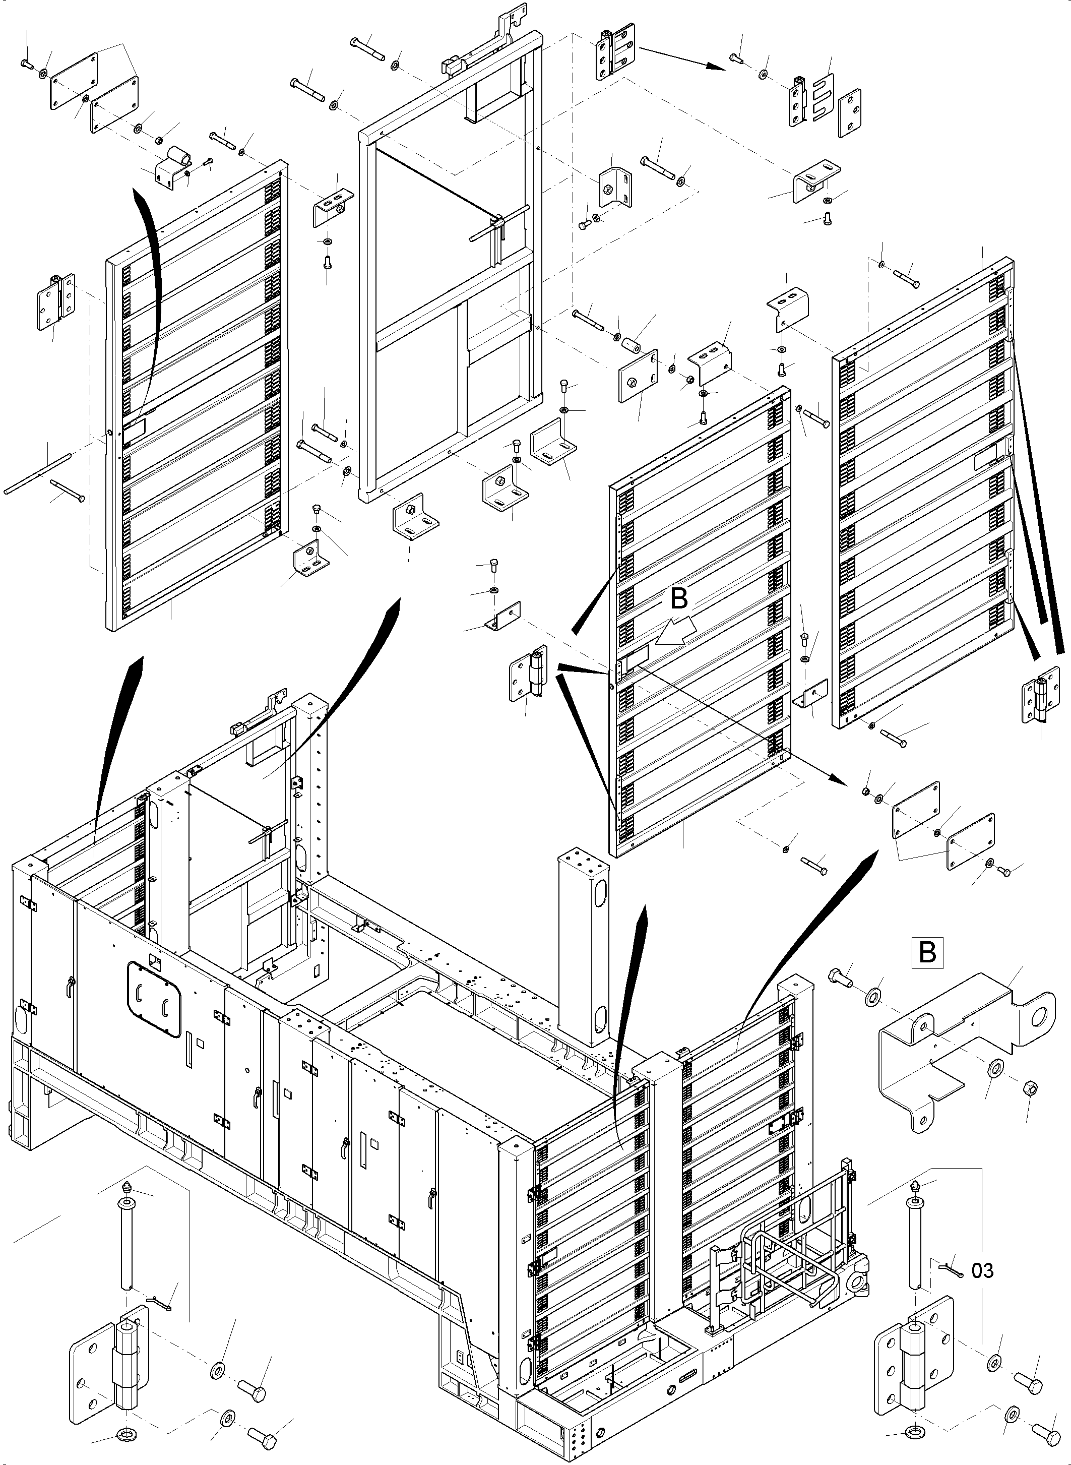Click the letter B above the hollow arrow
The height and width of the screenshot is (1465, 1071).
(678, 598)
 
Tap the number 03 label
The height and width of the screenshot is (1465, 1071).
(982, 1270)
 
